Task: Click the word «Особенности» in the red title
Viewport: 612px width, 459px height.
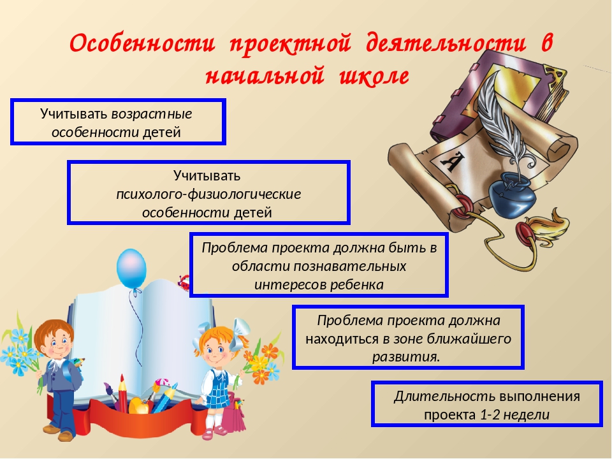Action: pyautogui.click(x=142, y=43)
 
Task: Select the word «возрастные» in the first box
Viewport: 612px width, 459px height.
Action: pyautogui.click(x=152, y=114)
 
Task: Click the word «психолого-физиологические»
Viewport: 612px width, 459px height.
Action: pyautogui.click(x=209, y=194)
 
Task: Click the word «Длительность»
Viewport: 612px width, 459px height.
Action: pyautogui.click(x=444, y=396)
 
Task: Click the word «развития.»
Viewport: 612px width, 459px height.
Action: pyautogui.click(x=406, y=357)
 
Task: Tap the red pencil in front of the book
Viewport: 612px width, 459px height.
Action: pyautogui.click(x=122, y=393)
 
